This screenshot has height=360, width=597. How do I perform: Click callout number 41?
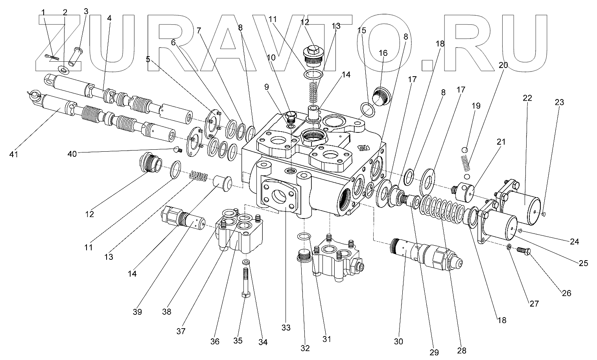coord(14,154)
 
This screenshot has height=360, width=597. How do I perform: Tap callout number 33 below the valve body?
coord(286,327)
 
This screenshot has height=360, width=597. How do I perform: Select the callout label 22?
coord(527,98)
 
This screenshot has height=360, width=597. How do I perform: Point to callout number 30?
coord(398,342)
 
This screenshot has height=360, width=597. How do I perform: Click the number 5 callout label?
coord(148,59)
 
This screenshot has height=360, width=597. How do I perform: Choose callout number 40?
coord(72,154)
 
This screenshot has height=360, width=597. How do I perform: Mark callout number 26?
coord(567,293)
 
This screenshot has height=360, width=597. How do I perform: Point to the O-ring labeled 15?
coord(367,108)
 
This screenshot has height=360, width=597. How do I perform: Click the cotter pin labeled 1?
coord(51,58)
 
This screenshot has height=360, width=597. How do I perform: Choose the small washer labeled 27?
coord(509,247)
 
